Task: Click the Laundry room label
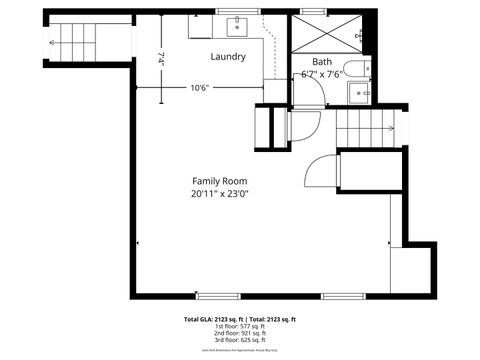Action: point(228,57)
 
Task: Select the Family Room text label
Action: point(220,181)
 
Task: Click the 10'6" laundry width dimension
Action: point(200,87)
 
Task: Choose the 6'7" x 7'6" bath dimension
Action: point(322,74)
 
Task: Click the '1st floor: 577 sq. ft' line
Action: point(239,326)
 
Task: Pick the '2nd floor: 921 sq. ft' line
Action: point(239,333)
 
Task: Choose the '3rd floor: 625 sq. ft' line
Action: point(239,340)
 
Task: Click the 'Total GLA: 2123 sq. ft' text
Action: point(212,319)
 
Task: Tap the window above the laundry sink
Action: point(237,11)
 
